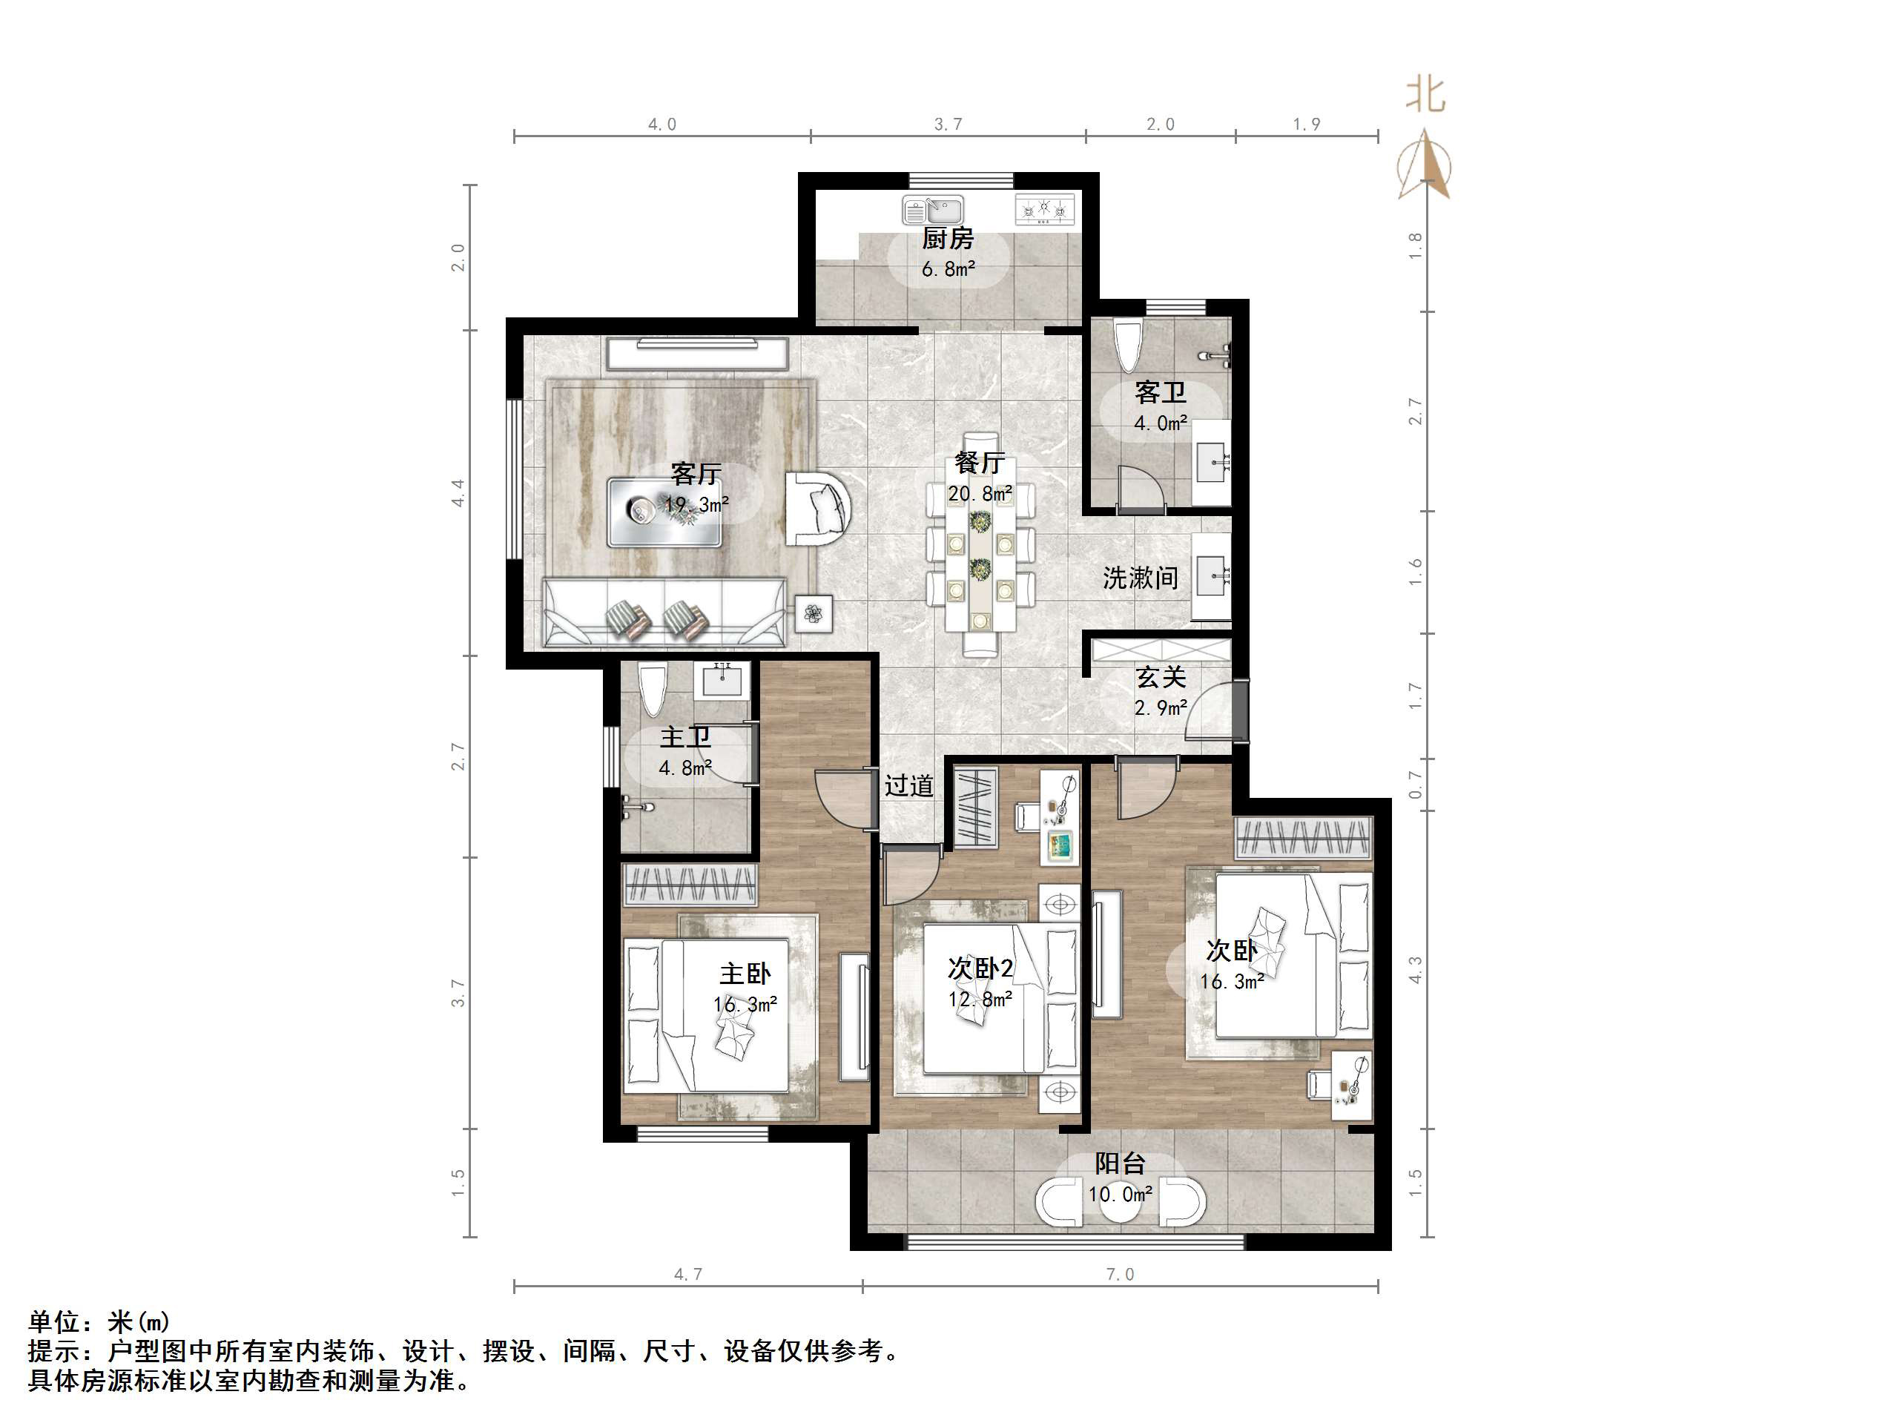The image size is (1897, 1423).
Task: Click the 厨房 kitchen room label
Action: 948,239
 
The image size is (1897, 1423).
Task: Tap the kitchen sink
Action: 932,210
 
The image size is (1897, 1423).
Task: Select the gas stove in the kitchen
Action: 1045,210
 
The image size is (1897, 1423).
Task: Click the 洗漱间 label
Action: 1140,578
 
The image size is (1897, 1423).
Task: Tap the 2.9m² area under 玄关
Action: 1161,707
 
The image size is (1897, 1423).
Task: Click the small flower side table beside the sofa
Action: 813,613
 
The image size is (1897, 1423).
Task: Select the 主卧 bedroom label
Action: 745,974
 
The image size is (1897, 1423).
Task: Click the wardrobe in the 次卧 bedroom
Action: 1304,838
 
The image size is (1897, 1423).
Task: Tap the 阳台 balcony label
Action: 1120,1164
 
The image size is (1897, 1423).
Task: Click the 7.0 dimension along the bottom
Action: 1120,1275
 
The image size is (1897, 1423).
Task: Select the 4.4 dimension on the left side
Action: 459,492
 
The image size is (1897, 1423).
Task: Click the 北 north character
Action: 1425,94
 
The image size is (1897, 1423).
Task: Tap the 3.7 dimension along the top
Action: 948,125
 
